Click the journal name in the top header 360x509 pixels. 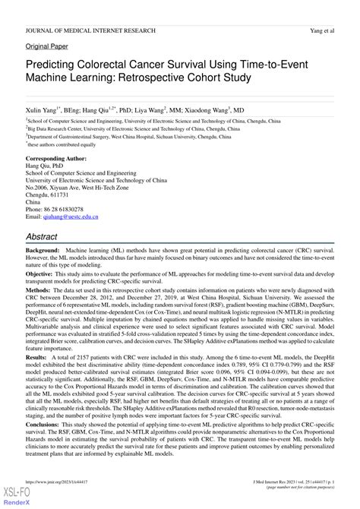(90, 30)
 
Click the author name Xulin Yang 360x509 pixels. (43, 109)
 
